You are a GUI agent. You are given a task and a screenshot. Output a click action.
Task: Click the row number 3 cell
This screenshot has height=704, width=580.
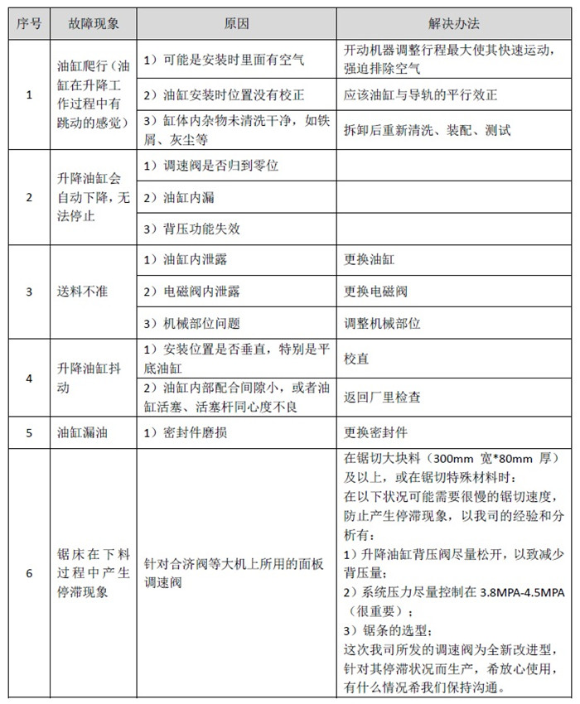30,292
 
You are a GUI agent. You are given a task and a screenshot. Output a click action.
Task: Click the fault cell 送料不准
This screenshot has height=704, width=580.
84,292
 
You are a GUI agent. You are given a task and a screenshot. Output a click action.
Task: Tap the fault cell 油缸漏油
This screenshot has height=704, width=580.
84,432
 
